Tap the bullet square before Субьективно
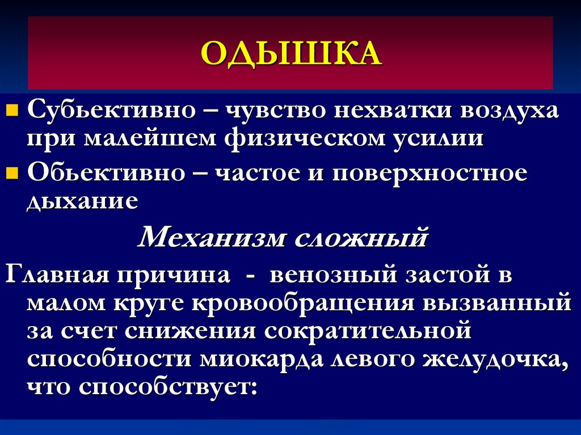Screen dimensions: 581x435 (x=12, y=111)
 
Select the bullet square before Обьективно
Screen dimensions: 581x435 (x=12, y=172)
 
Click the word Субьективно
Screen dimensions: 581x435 (x=111, y=109)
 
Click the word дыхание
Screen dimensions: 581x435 (x=82, y=202)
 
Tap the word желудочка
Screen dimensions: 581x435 (x=495, y=360)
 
